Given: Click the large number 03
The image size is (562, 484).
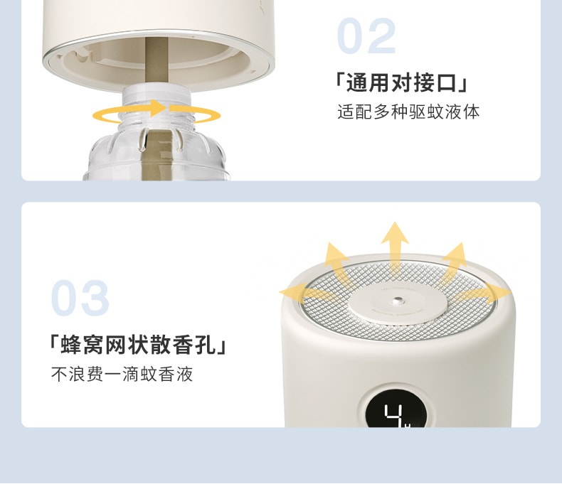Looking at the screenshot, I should [x=80, y=299].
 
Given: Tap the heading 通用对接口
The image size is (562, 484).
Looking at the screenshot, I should [x=401, y=83].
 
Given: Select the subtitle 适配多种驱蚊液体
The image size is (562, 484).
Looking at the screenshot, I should [x=408, y=112].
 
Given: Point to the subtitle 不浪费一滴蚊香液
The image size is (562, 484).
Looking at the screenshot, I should [x=122, y=374].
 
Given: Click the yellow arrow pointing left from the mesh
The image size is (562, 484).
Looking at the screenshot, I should [x=299, y=291].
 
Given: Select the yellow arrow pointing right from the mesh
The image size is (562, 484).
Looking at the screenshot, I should [x=491, y=291].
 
